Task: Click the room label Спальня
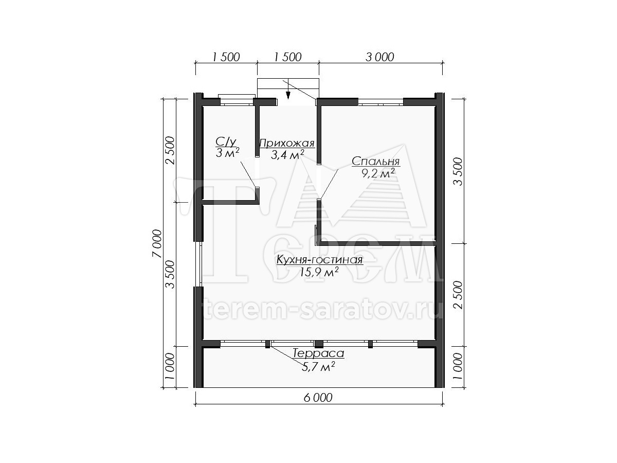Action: (375, 162)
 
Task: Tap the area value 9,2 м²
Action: (378, 173)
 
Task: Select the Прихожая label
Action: (287, 144)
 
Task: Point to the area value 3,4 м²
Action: (287, 155)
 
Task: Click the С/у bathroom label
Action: (226, 142)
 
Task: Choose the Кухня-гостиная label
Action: (320, 259)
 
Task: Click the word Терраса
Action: (318, 353)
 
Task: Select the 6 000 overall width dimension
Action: (318, 398)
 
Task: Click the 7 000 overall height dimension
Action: (157, 243)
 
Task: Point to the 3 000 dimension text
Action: (380, 57)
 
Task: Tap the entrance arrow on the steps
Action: (288, 95)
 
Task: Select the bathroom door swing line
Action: (248, 174)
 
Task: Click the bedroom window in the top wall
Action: (380, 102)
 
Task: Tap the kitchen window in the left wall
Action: (201, 264)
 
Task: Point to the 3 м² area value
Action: (227, 153)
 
